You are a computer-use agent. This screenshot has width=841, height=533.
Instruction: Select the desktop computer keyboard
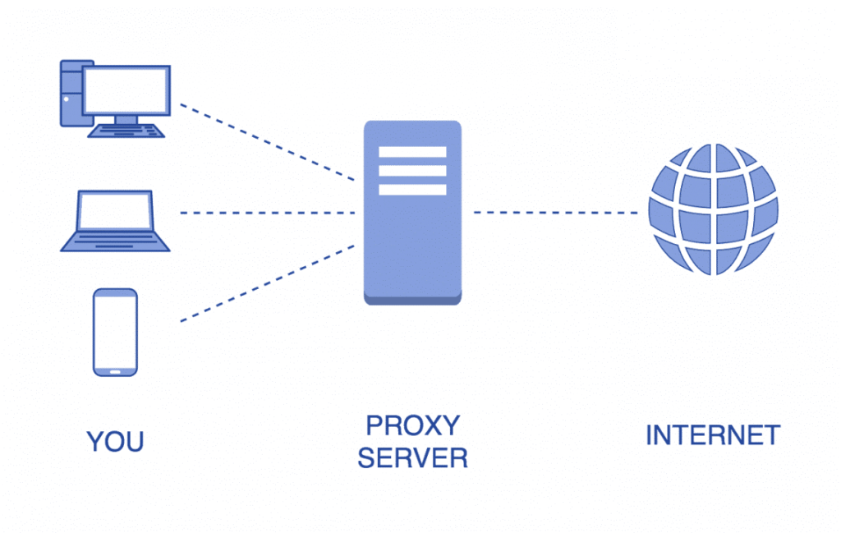(126, 131)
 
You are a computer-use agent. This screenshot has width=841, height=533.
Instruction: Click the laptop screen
(115, 212)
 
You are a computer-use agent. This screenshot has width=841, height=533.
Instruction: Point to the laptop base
(115, 243)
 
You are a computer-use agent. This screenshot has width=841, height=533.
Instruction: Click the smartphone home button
(115, 370)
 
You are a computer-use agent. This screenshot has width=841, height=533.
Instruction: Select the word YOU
(115, 442)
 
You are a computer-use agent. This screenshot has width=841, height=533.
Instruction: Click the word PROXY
(412, 425)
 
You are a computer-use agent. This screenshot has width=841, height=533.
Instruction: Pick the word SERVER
(412, 458)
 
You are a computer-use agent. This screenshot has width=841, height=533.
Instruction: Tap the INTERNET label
(712, 435)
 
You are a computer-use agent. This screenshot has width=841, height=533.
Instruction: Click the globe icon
(712, 209)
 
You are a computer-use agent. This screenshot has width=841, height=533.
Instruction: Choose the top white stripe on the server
(412, 152)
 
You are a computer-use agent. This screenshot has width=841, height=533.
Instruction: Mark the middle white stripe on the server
(412, 171)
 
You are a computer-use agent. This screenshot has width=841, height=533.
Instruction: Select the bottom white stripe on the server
(412, 190)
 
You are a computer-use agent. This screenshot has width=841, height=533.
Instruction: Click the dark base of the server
(412, 300)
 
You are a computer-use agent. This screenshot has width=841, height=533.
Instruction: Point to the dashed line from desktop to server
(267, 142)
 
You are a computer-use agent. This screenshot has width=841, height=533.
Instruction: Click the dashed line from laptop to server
(267, 213)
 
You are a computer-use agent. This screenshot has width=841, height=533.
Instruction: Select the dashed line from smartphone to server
(267, 283)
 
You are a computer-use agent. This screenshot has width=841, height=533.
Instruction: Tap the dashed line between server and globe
(556, 213)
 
